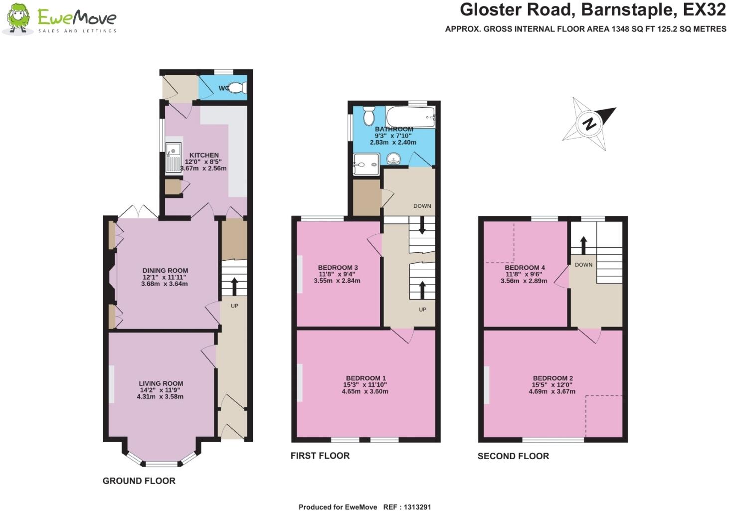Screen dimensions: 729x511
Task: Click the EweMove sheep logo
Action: [17, 18]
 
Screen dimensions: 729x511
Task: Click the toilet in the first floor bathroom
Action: [369, 116]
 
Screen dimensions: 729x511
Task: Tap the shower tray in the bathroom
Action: [366, 165]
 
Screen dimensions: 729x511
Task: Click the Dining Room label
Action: [165, 271]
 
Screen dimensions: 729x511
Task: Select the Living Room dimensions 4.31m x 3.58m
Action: [160, 397]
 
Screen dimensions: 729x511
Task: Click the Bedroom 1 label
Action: [364, 378]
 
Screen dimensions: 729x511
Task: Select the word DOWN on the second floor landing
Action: [583, 264]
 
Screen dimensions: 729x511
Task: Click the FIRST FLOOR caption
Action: [320, 456]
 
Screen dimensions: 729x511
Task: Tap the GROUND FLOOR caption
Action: [139, 481]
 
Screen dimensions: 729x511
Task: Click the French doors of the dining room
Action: [138, 211]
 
